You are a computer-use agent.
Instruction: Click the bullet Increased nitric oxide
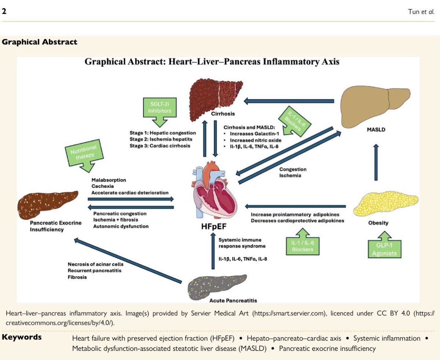253,140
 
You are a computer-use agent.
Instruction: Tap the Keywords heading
22,337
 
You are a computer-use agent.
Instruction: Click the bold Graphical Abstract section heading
40,42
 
